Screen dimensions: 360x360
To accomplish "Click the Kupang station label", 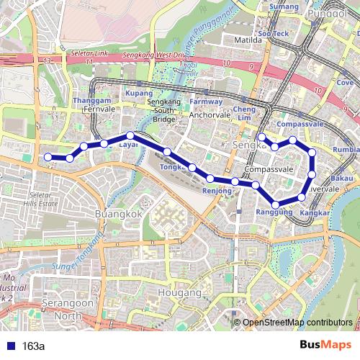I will pyautogui.click(x=139, y=94).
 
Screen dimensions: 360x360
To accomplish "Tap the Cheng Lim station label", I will pyautogui.click(x=245, y=112).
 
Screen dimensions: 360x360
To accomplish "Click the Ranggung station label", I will pyautogui.click(x=274, y=212).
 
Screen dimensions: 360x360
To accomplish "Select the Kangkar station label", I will pyautogui.click(x=315, y=214).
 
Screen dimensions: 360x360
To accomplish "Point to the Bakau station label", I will pyautogui.click(x=342, y=178).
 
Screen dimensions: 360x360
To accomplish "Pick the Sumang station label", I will pyautogui.click(x=284, y=7).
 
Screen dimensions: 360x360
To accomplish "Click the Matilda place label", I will pyautogui.click(x=248, y=40).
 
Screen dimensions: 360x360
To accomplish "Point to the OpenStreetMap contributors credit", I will pyautogui.click(x=297, y=323).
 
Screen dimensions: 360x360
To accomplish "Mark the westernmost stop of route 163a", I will pyautogui.click(x=48, y=157).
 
